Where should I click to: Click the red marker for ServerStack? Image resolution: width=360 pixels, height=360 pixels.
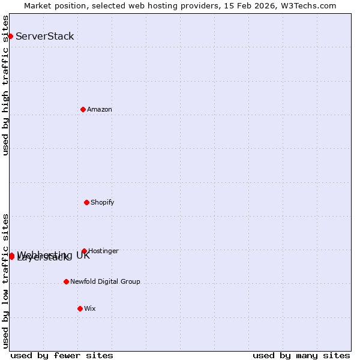[x=10, y=36]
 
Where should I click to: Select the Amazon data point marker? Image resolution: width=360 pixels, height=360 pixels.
[x=83, y=109]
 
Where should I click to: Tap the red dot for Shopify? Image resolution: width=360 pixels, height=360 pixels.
[x=87, y=202]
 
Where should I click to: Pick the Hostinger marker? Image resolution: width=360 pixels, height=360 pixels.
[x=85, y=251]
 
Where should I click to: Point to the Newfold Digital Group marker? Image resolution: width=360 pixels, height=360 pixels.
[x=67, y=281]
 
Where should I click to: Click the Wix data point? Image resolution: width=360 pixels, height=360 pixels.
[x=80, y=308]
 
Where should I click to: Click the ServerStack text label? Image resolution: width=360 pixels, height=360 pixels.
[x=45, y=36]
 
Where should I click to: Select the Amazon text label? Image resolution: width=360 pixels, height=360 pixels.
[x=100, y=109]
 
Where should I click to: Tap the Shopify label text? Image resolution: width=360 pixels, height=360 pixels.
[x=103, y=202]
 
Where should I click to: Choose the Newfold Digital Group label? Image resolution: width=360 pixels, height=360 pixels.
[x=105, y=281]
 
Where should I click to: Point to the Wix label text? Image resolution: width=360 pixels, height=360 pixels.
[x=90, y=308]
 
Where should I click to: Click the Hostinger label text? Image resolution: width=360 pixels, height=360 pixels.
[x=103, y=251]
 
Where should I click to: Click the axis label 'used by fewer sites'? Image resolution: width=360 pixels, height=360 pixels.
[x=62, y=355]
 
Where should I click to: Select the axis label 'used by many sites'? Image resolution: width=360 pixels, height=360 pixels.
[x=301, y=355]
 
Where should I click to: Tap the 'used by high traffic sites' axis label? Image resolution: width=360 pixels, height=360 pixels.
[x=5, y=85]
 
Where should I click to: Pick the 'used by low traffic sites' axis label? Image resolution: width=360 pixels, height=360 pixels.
[x=5, y=281]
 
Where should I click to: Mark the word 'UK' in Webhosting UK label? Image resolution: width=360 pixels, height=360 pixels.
[x=83, y=255]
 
